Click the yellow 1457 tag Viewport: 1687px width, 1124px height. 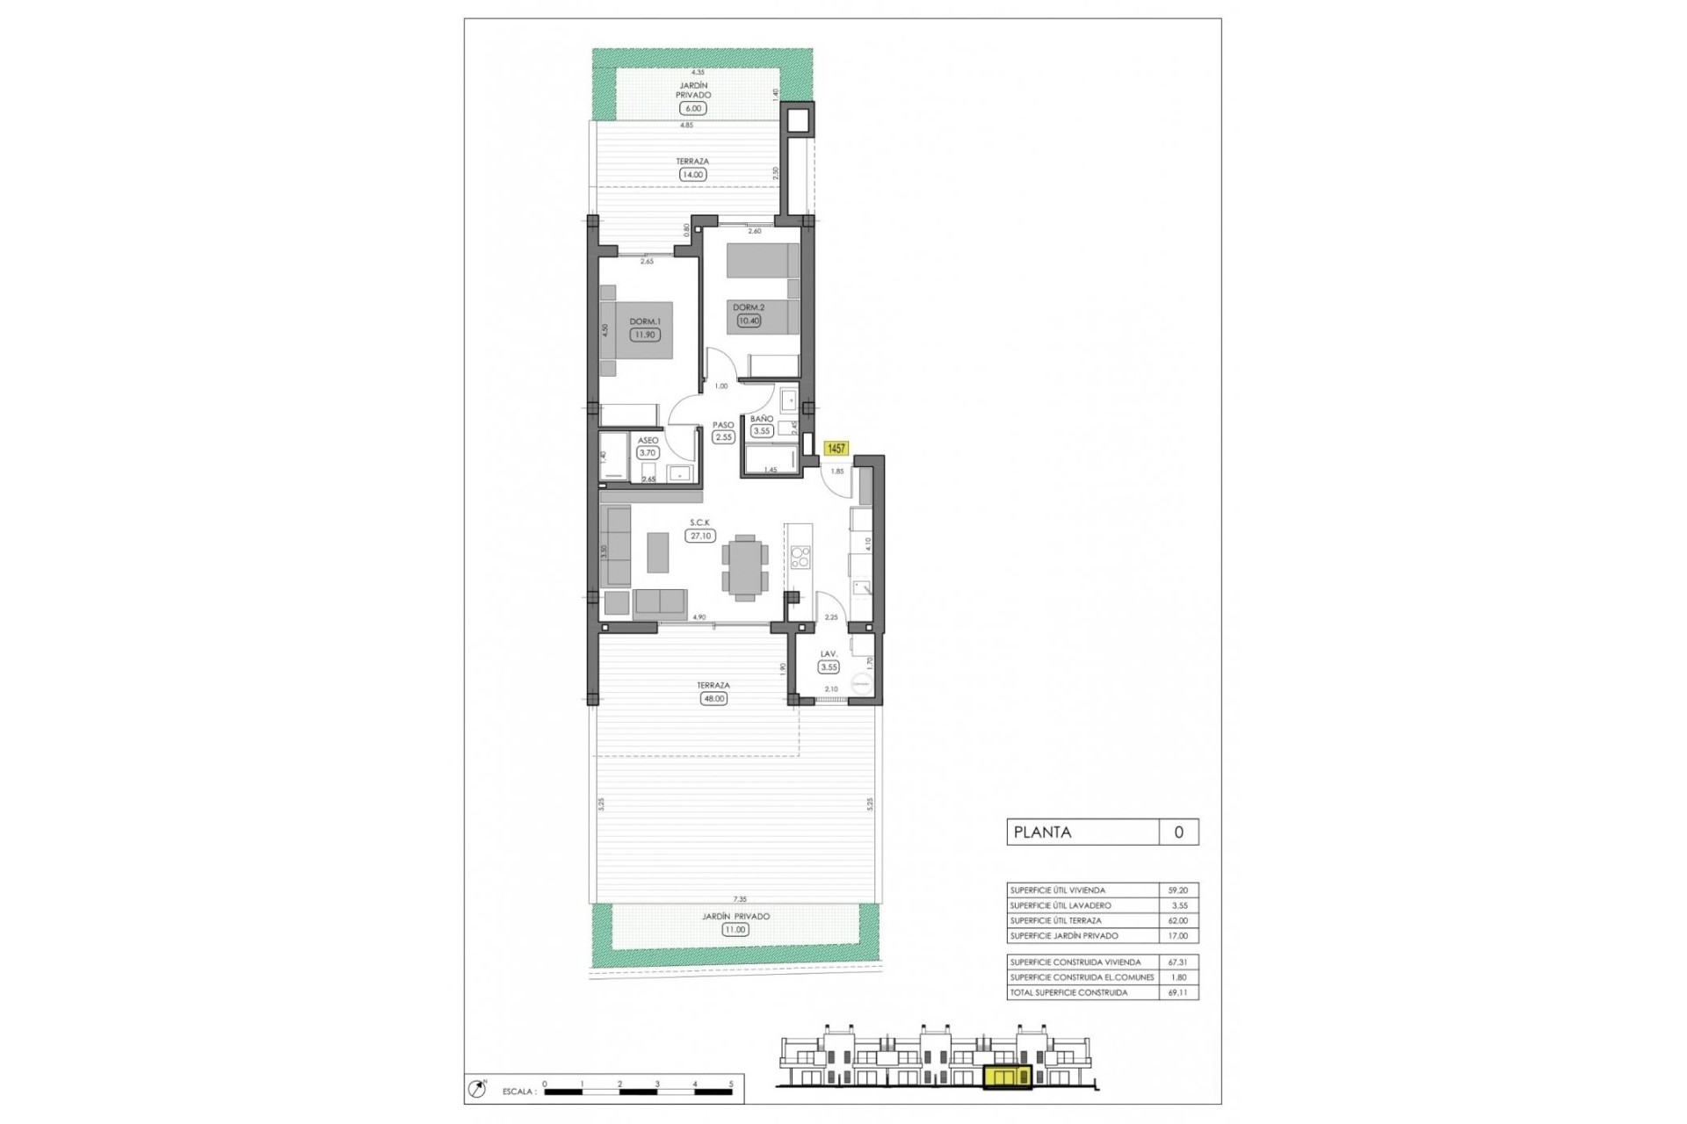pyautogui.click(x=836, y=448)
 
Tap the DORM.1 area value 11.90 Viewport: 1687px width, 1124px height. pyautogui.click(x=644, y=335)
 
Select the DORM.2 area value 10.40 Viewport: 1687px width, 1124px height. pyautogui.click(x=749, y=321)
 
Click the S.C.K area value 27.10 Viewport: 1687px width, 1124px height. pyautogui.click(x=700, y=536)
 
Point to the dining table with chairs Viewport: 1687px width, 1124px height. pyautogui.click(x=745, y=567)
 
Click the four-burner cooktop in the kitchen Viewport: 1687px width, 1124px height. pyautogui.click(x=800, y=557)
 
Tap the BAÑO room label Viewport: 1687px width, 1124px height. pyautogui.click(x=761, y=419)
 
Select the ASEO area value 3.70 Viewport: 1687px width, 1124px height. pyautogui.click(x=648, y=453)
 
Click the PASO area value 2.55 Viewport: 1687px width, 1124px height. pyautogui.click(x=723, y=437)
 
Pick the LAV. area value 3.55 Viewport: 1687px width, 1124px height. pyautogui.click(x=829, y=667)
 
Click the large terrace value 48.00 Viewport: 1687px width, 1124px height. pyautogui.click(x=713, y=699)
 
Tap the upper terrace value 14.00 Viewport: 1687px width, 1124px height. pyautogui.click(x=692, y=175)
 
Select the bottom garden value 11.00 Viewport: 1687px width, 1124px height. pyautogui.click(x=735, y=929)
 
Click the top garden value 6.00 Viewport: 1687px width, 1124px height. pyautogui.click(x=692, y=109)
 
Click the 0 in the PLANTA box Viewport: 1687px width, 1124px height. pyautogui.click(x=1178, y=832)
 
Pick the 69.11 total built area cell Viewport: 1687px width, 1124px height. pyautogui.click(x=1177, y=992)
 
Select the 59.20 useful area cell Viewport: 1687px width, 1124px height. pyautogui.click(x=1177, y=890)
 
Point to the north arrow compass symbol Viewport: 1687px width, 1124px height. pyautogui.click(x=478, y=1089)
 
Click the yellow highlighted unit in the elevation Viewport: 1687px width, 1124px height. pyautogui.click(x=1007, y=1077)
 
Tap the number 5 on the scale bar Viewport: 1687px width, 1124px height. pyautogui.click(x=731, y=1084)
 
